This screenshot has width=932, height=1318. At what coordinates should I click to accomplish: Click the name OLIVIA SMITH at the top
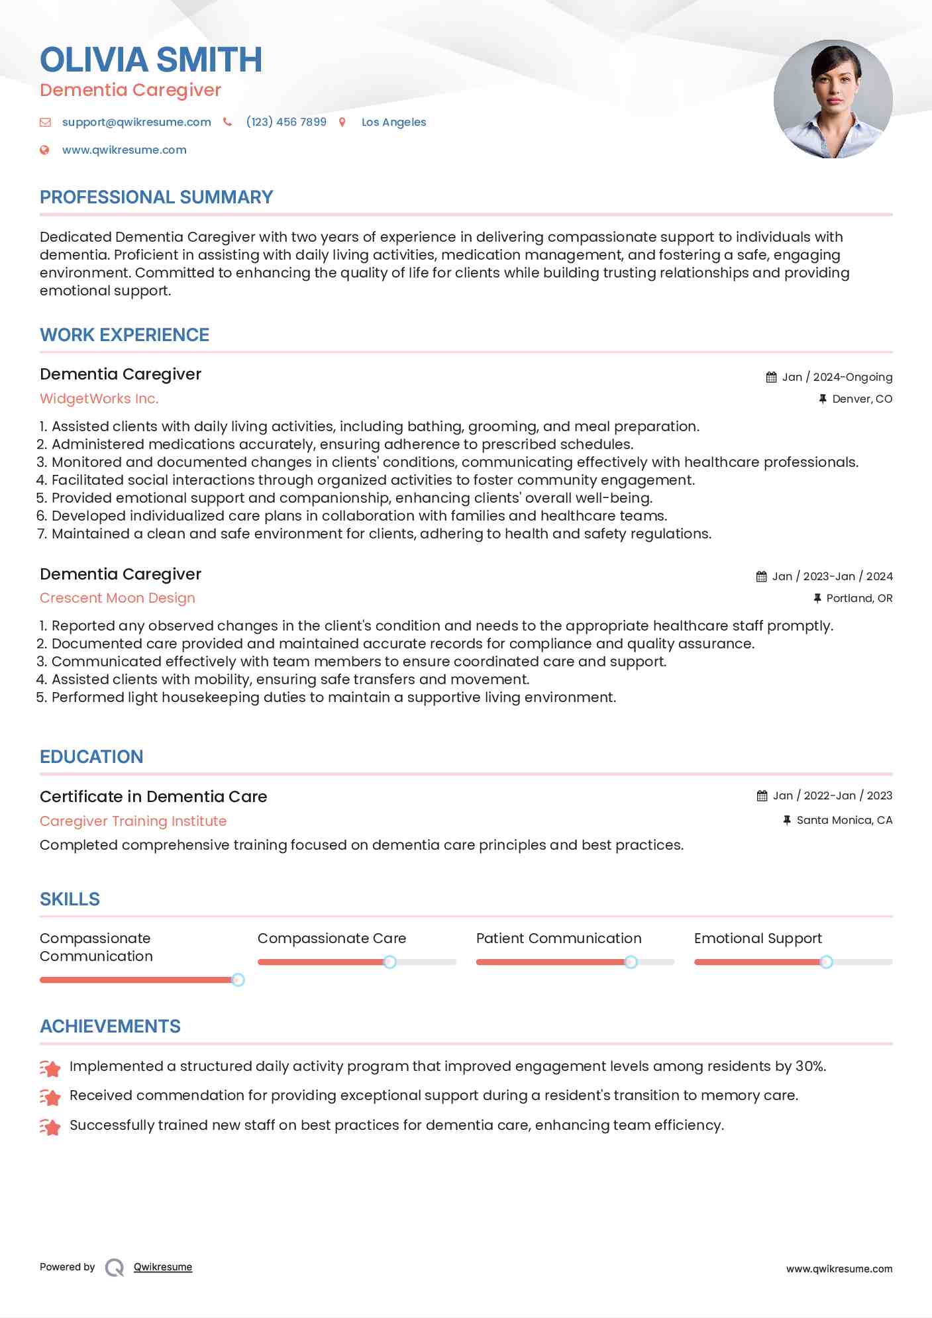[151, 60]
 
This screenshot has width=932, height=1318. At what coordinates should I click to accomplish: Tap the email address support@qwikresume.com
[136, 122]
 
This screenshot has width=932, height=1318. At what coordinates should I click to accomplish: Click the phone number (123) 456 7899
[286, 122]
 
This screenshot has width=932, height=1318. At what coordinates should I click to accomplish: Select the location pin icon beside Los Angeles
[342, 122]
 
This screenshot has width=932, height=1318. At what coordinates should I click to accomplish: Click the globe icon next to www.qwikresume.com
[44, 150]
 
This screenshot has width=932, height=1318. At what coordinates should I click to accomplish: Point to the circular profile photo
[833, 99]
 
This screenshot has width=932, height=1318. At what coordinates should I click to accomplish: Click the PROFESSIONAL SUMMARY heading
[156, 197]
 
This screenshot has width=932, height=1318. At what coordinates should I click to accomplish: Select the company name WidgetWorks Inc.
[99, 399]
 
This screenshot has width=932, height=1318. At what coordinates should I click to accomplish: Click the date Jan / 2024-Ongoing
[837, 377]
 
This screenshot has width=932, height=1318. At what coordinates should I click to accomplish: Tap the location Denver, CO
[862, 399]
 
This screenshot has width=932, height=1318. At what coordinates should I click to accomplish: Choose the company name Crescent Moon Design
[117, 598]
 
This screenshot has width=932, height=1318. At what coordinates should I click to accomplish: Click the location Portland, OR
[859, 598]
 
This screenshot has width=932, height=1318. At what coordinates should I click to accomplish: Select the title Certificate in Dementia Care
[153, 797]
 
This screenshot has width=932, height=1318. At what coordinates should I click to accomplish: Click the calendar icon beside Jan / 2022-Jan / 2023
[762, 796]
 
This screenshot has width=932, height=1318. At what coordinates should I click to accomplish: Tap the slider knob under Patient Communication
[631, 962]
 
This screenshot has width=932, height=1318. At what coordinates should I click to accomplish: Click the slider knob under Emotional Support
[826, 962]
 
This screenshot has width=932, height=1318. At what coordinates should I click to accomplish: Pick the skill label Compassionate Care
[332, 938]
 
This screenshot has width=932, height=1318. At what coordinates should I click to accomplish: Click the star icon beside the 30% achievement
[50, 1068]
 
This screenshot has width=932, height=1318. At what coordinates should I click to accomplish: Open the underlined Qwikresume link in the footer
[163, 1267]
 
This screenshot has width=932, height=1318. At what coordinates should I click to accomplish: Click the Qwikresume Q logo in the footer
[115, 1268]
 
